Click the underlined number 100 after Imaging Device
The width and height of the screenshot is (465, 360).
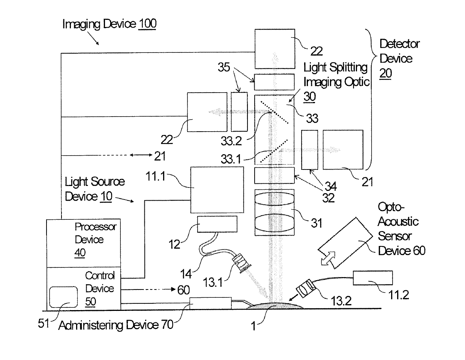(x=147, y=24)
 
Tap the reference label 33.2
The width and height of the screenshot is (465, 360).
(x=231, y=141)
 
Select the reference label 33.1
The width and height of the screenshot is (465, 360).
(x=231, y=159)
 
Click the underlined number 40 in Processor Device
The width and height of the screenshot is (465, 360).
(x=80, y=253)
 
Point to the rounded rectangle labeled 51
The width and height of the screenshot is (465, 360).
(x=63, y=297)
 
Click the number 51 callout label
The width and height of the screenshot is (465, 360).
(x=43, y=323)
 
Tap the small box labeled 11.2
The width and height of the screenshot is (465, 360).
(x=372, y=278)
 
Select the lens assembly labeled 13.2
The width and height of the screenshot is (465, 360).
(x=306, y=288)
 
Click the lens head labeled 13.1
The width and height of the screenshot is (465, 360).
(x=241, y=262)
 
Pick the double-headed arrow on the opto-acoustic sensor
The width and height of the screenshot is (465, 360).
(x=328, y=259)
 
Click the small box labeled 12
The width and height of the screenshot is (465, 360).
(x=217, y=224)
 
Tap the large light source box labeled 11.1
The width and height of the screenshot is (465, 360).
(x=217, y=190)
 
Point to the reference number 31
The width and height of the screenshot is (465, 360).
(x=316, y=223)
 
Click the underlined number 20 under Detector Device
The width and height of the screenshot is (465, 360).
(x=385, y=73)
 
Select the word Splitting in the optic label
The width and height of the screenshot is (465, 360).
(x=348, y=67)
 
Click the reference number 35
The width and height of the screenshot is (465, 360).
(x=224, y=67)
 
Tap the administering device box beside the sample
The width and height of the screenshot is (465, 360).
(x=211, y=303)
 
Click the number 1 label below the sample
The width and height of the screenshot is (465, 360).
(x=253, y=326)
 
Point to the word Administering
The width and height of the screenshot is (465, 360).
(x=91, y=325)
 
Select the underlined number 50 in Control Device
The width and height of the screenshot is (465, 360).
(x=90, y=301)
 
